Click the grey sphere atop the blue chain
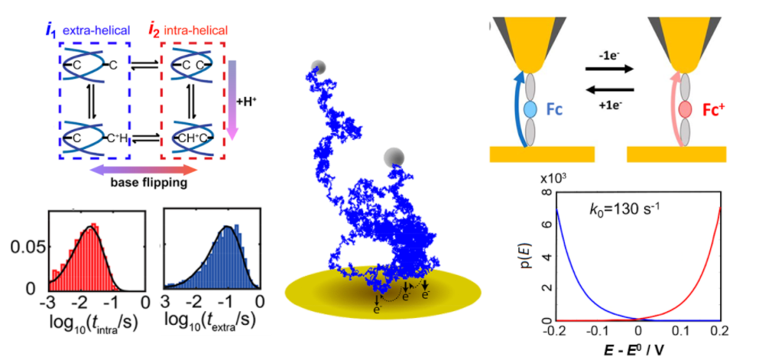320,67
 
